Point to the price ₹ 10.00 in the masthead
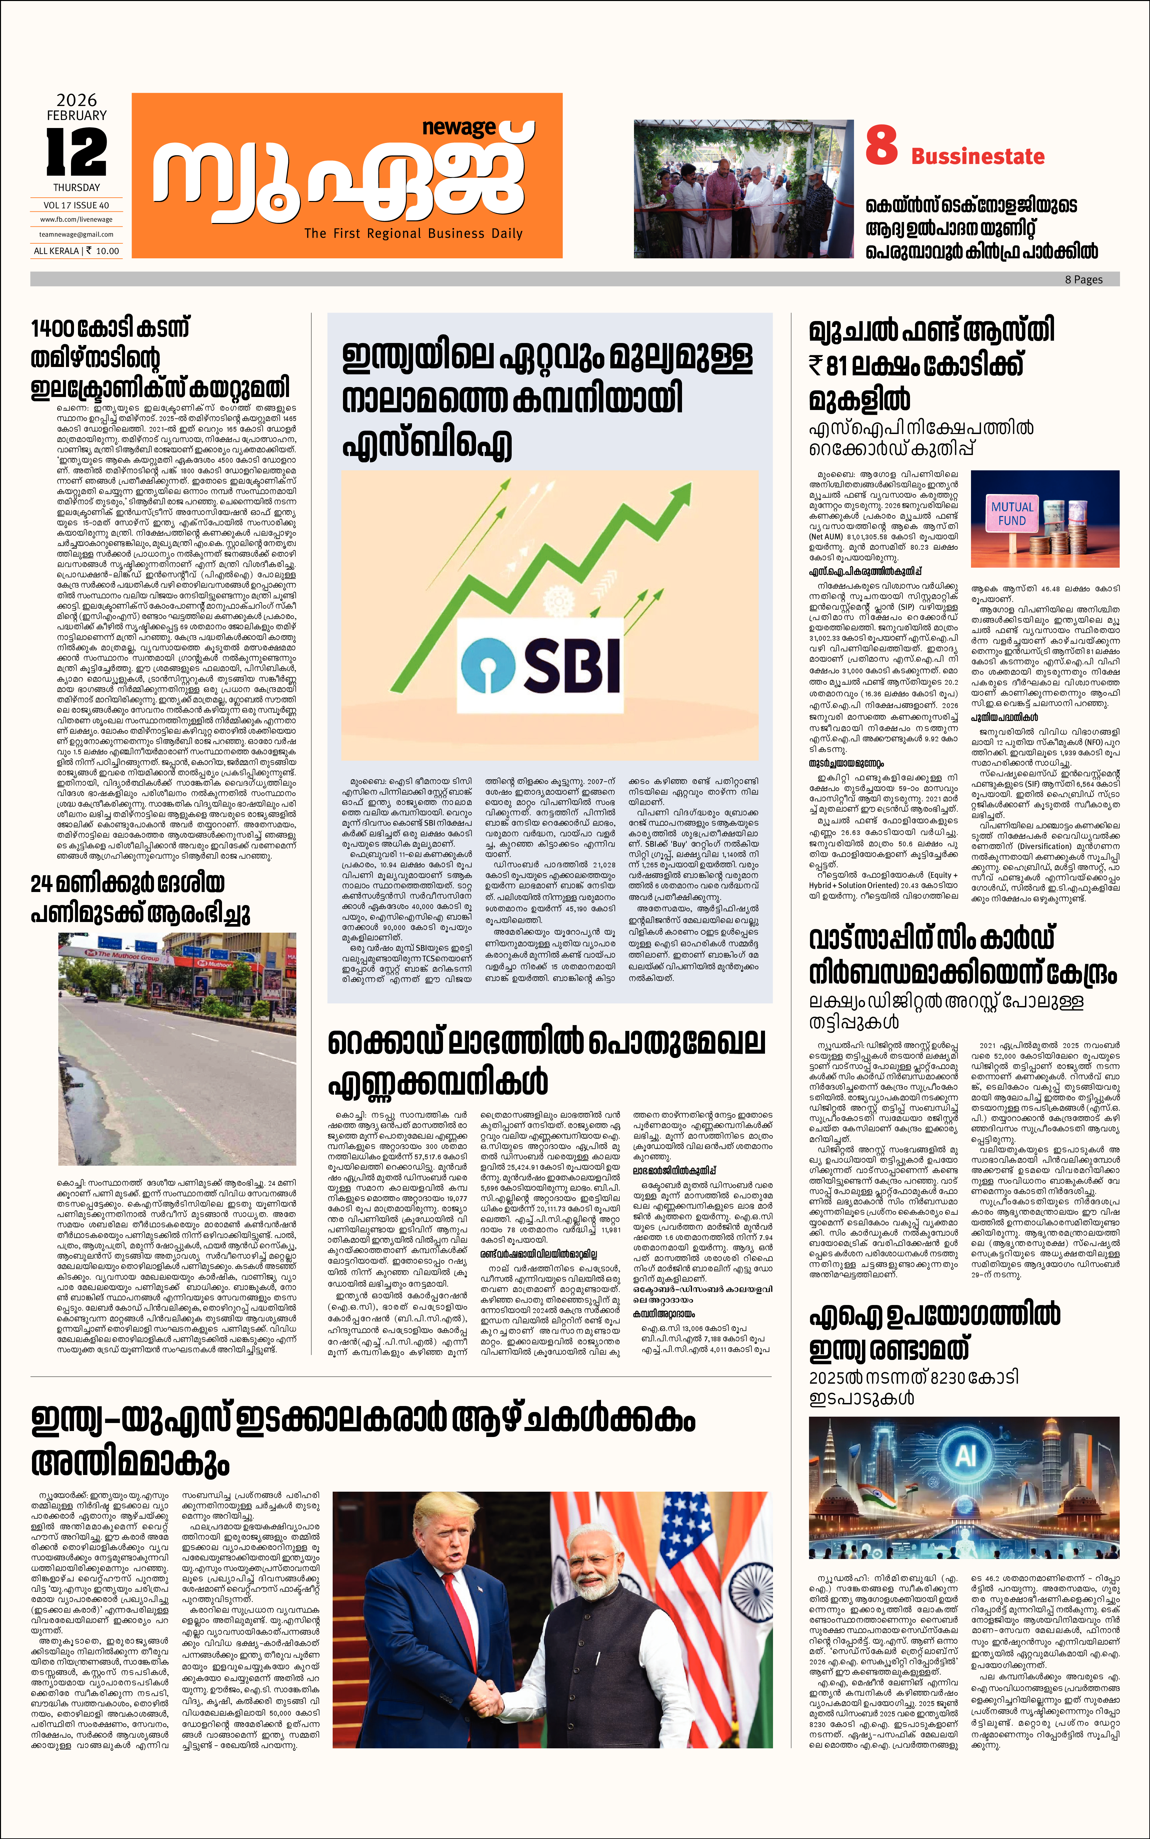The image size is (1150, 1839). pyautogui.click(x=103, y=251)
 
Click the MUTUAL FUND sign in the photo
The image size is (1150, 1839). pyautogui.click(x=1012, y=514)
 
